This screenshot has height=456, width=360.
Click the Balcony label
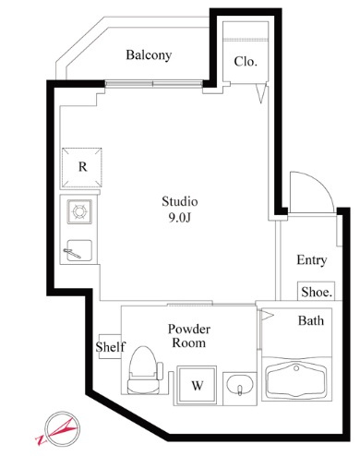tap(149, 55)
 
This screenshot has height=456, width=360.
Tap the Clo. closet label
tap(246, 62)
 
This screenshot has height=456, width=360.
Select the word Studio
tap(180, 201)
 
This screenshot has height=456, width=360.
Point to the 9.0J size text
tap(180, 218)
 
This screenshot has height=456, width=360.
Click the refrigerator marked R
tap(82, 168)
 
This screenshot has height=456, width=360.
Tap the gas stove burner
tap(79, 211)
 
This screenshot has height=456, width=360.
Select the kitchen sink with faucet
tap(79, 250)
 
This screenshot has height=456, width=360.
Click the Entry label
tap(311, 260)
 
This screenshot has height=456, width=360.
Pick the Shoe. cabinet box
tap(316, 291)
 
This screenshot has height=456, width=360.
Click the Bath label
tap(311, 320)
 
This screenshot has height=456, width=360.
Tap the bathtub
tap(296, 380)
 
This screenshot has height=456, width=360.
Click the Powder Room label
tap(189, 336)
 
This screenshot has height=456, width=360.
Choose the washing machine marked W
tap(197, 385)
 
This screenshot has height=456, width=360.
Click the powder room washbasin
tap(240, 386)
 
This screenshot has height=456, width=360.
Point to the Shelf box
tap(110, 346)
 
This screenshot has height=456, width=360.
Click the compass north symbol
tap(62, 429)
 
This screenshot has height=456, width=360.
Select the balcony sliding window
tap(154, 84)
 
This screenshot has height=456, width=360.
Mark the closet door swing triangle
tap(261, 93)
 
